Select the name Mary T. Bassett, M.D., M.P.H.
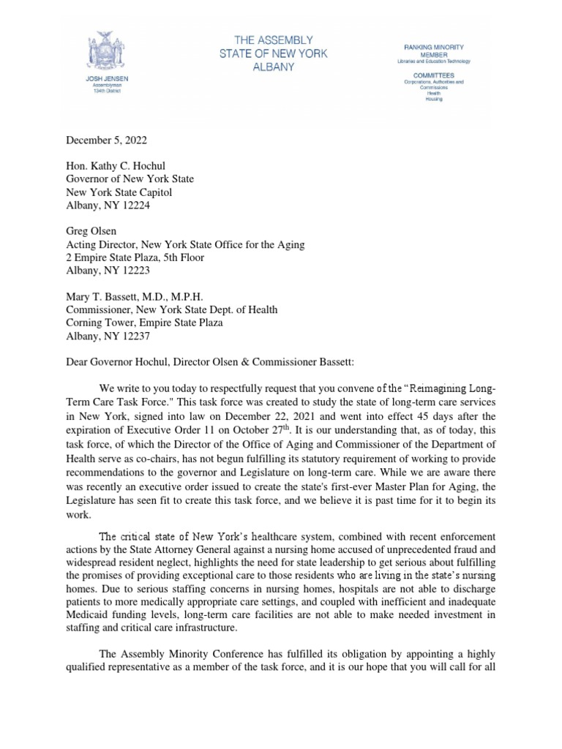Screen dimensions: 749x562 point(135,297)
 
